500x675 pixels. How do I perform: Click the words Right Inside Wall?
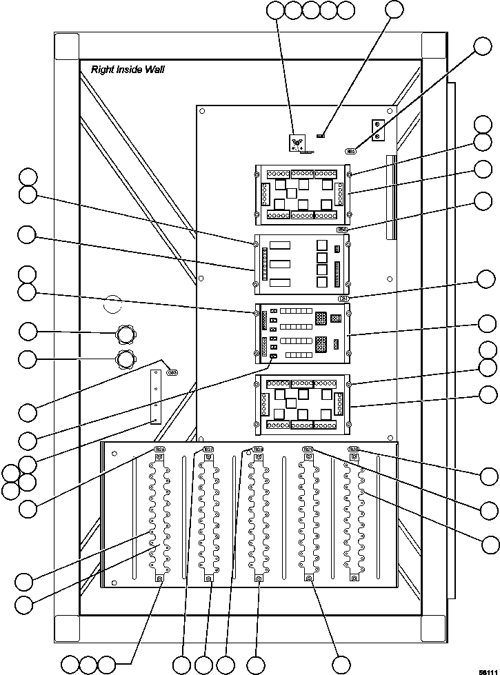(x=128, y=70)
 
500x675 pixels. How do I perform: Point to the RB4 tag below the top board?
(x=342, y=230)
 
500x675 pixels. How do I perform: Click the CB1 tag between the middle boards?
(x=343, y=299)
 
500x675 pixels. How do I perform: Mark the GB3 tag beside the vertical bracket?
(x=172, y=372)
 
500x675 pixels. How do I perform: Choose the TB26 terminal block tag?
(x=159, y=450)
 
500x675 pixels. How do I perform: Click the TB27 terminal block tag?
(x=208, y=450)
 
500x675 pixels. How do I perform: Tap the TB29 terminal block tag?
(x=308, y=449)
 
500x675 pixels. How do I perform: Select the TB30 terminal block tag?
(x=353, y=449)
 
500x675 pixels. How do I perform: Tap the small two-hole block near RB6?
(x=377, y=130)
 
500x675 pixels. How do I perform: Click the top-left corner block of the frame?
(x=67, y=47)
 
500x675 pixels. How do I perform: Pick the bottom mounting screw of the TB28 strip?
(x=258, y=578)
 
